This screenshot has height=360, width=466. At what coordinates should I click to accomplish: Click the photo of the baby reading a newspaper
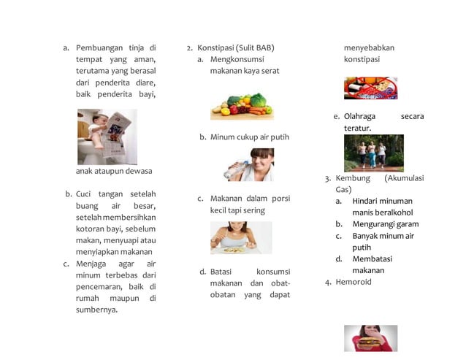107,137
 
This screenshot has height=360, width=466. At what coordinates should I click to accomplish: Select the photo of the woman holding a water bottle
248,164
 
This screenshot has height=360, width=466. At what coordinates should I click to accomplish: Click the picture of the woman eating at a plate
240,237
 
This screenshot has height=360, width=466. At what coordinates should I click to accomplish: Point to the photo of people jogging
373,153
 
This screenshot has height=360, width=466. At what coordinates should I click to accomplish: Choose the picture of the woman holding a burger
370,338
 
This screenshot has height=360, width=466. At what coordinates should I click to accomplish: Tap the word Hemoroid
354,282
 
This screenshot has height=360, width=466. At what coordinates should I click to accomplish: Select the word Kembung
353,177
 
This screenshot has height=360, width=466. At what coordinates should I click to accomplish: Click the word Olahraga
360,116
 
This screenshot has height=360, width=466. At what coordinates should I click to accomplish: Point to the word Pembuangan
99,47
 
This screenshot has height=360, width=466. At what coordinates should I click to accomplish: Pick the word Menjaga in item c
93,264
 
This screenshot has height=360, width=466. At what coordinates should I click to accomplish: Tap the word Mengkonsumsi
237,59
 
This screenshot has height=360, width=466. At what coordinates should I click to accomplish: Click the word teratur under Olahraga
357,128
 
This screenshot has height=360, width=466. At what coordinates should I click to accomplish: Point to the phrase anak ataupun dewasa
114,171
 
